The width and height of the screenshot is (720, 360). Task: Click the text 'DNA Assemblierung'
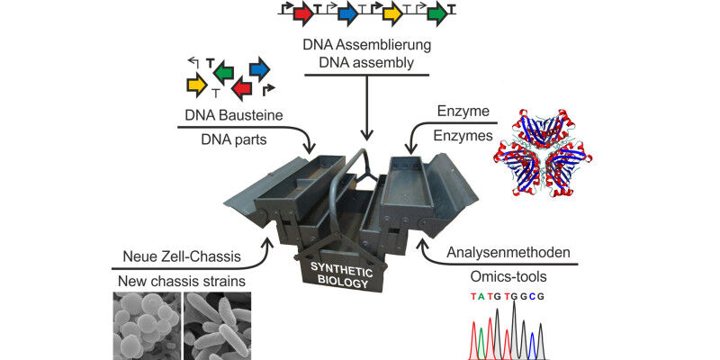[x=364, y=44]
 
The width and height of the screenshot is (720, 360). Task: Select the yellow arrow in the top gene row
[x=392, y=13]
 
